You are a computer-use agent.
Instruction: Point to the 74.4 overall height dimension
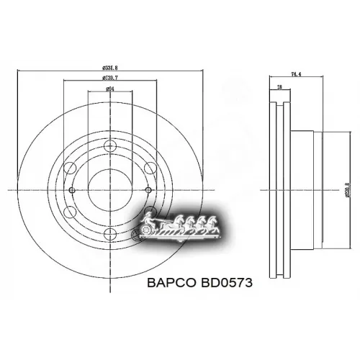(295, 73)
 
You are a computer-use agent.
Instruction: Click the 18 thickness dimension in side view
(279, 88)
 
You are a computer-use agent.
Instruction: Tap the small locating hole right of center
(145, 191)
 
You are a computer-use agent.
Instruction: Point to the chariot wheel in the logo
(143, 235)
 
